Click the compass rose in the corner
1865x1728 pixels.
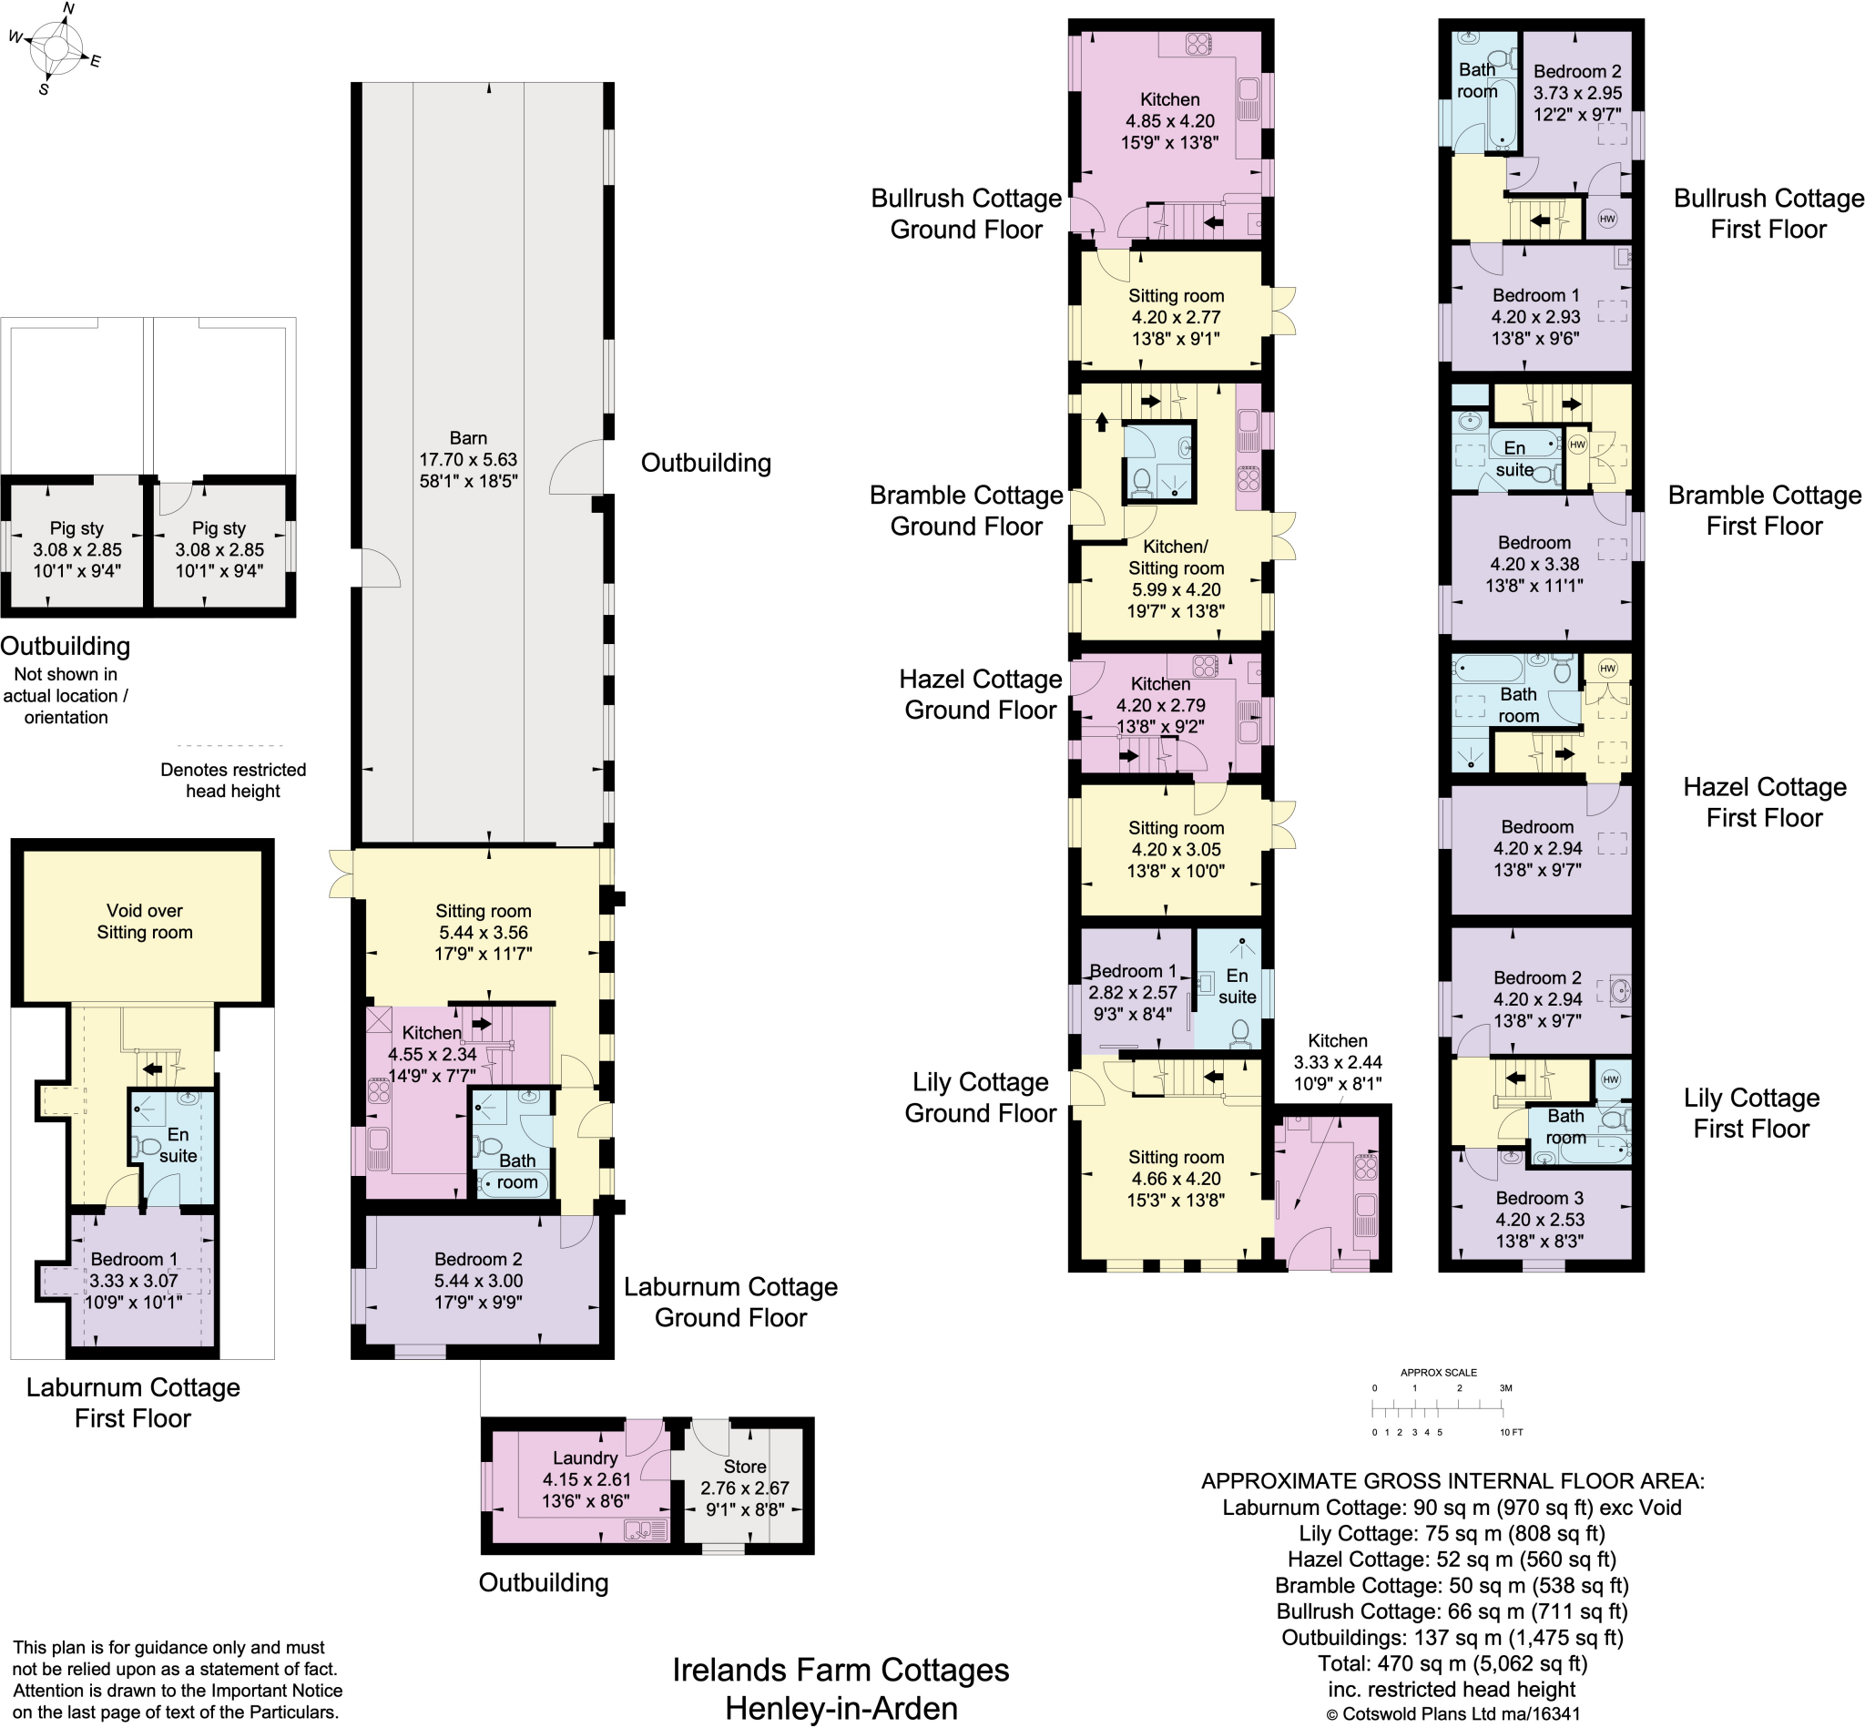point(56,47)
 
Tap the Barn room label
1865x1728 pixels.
point(467,437)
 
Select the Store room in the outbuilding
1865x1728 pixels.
point(745,1487)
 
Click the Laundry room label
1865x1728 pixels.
point(586,1457)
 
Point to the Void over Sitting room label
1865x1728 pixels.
point(145,921)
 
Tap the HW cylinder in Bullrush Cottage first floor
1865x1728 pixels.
point(1608,219)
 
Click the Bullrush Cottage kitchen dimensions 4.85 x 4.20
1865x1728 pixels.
point(1170,120)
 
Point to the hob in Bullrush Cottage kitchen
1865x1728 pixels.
point(1198,43)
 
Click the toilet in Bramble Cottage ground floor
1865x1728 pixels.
point(1140,482)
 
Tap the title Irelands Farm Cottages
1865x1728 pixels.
point(841,1669)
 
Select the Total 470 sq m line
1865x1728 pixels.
point(1452,1662)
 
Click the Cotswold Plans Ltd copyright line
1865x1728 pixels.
point(1452,1714)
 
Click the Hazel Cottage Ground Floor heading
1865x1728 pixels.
point(981,695)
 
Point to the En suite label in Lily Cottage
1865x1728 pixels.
point(1237,986)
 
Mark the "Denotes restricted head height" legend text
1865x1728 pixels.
point(233,780)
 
